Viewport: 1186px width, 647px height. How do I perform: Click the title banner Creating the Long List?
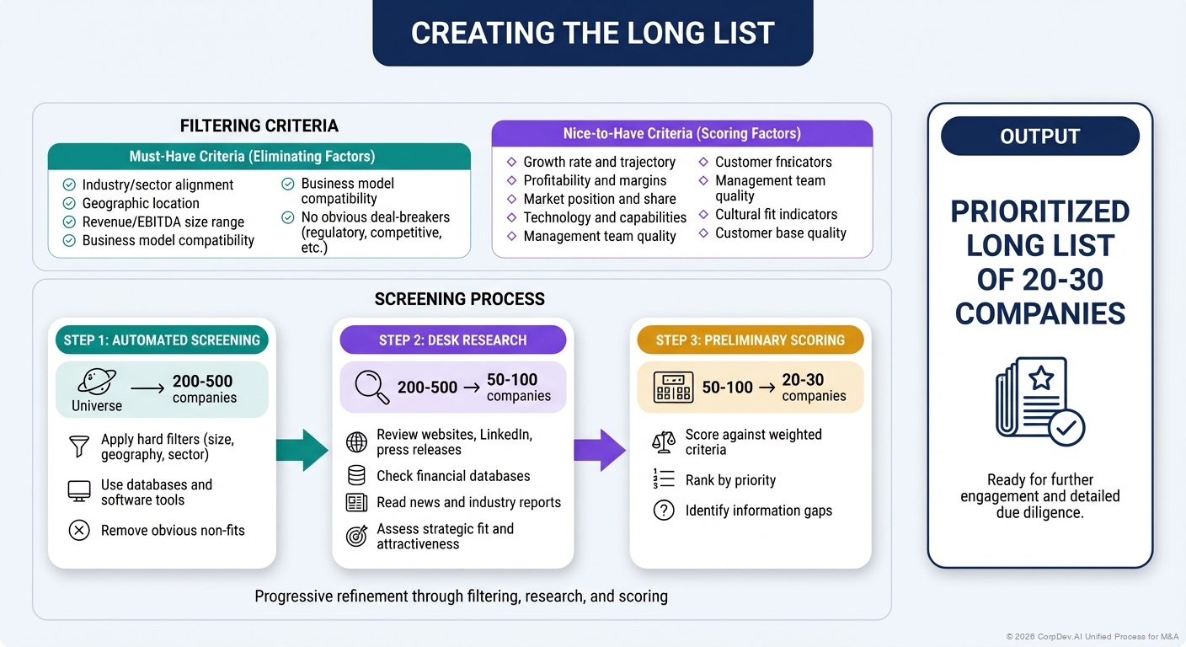[x=592, y=33]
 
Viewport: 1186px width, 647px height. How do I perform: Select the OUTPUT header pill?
[x=1039, y=136]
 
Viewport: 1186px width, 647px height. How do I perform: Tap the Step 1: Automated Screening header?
[x=162, y=340]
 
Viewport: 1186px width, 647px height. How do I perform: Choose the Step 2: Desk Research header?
[x=452, y=340]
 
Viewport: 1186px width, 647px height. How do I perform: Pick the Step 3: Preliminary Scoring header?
[x=750, y=340]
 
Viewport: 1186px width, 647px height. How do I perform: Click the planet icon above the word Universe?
[x=96, y=382]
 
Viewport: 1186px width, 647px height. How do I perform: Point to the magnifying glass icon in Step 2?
[x=371, y=387]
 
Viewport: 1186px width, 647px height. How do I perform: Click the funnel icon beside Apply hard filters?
[x=79, y=446]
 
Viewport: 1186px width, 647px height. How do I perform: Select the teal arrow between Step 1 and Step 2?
[x=302, y=450]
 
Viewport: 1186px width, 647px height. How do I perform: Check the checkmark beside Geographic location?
[x=69, y=203]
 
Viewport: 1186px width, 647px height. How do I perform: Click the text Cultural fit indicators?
[x=776, y=214]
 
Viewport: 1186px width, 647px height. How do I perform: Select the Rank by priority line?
[x=730, y=480]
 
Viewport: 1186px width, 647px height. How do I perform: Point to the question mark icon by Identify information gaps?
[x=664, y=511]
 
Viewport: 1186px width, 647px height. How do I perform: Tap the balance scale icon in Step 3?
[x=664, y=441]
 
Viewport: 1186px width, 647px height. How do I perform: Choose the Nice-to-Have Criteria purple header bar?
[x=681, y=134]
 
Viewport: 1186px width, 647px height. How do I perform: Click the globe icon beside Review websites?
[x=356, y=442]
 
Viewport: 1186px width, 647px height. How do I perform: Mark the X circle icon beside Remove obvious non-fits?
[x=79, y=530]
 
